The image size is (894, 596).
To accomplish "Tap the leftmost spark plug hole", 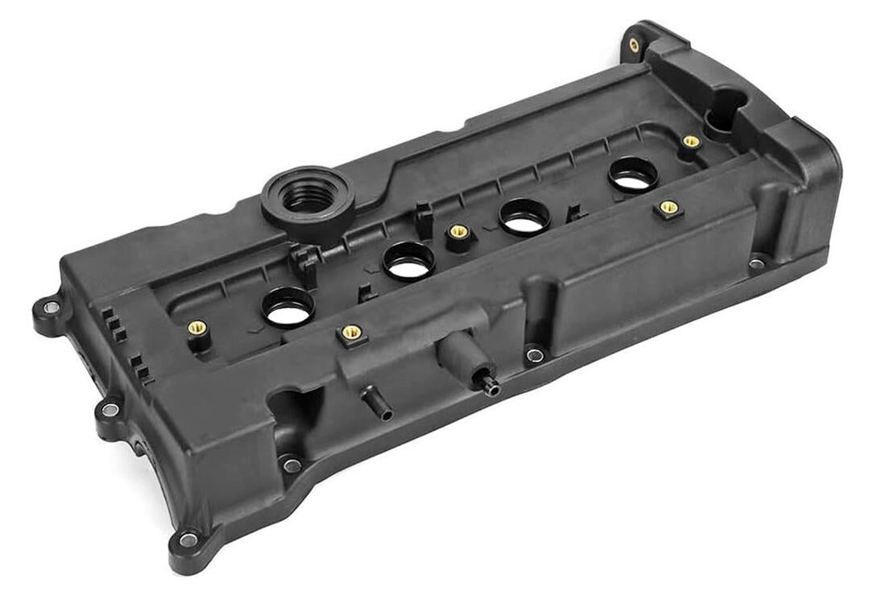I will [288, 308].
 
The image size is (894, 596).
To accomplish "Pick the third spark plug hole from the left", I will [524, 217].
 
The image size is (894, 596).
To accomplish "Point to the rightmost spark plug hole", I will [633, 174].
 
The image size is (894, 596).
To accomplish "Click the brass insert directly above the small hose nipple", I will [351, 332].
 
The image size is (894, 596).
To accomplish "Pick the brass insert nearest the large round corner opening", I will [690, 142].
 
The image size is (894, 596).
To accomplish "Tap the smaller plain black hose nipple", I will [378, 404].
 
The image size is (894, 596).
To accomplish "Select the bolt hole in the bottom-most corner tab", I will [188, 540].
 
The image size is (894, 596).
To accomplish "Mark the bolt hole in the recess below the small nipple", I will [292, 465].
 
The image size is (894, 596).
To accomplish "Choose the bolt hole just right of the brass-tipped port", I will [533, 354].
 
